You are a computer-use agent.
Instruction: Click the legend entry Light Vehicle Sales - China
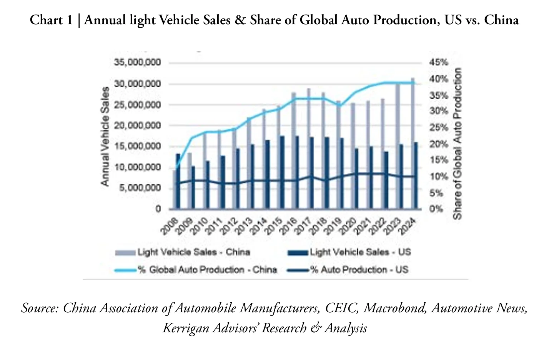click(x=193, y=252)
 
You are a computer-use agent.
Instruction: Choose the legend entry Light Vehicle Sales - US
click(x=360, y=252)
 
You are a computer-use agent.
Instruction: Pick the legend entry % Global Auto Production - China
click(x=207, y=270)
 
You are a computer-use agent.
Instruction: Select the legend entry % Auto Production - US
click(x=359, y=270)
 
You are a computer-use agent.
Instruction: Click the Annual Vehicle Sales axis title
click(x=105, y=137)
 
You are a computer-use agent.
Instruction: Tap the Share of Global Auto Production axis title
click(x=458, y=143)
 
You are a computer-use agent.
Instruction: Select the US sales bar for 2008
click(x=178, y=181)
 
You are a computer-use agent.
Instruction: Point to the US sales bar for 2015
click(x=282, y=172)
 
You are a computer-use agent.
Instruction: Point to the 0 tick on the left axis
click(x=158, y=209)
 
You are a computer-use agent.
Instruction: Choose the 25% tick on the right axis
click(x=439, y=128)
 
